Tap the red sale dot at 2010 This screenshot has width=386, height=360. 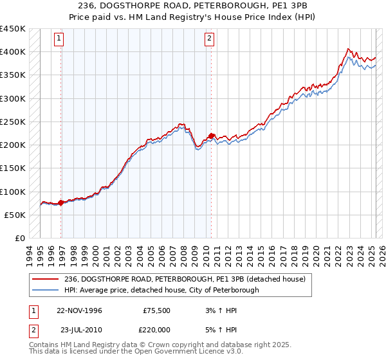point(211,136)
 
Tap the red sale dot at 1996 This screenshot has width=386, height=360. point(61,203)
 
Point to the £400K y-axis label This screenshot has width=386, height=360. point(13,52)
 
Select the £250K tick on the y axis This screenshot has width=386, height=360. point(13,122)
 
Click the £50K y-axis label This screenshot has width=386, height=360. point(15,215)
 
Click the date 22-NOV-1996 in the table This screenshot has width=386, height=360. point(79,310)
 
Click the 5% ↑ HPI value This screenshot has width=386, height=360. point(221,328)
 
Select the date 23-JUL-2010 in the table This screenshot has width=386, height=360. point(79,328)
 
